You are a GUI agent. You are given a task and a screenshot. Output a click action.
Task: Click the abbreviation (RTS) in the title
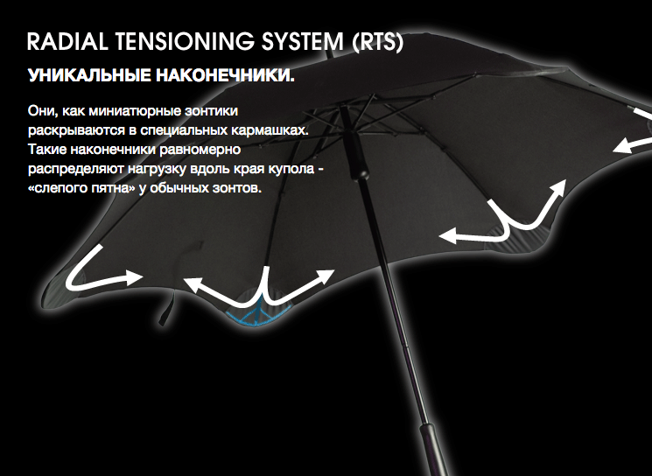click(x=377, y=42)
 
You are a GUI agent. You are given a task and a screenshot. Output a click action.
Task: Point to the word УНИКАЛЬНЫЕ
click(x=89, y=75)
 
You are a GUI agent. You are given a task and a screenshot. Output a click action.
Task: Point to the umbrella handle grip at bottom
click(x=435, y=450)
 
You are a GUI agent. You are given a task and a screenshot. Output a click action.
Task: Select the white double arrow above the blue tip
click(x=260, y=291)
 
